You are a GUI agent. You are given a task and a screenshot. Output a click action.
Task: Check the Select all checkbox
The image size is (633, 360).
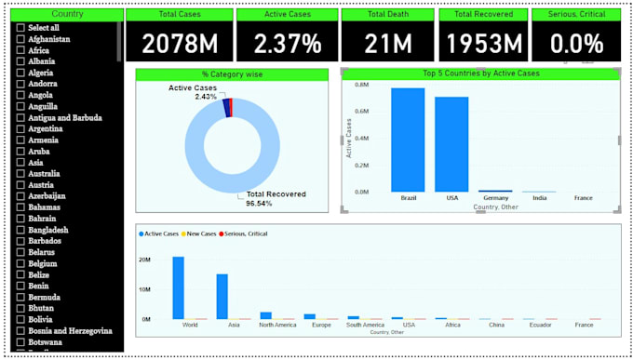pos(20,28)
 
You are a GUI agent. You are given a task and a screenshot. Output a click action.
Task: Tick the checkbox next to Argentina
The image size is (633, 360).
pos(20,129)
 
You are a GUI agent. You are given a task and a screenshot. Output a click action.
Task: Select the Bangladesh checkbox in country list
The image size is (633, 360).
pos(20,230)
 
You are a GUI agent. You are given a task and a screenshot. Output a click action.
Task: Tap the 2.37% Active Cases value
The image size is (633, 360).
pos(286,43)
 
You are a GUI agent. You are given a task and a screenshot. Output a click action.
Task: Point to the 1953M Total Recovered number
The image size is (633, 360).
pos(482,43)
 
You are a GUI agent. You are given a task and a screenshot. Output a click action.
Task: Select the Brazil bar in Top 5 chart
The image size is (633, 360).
pos(408,140)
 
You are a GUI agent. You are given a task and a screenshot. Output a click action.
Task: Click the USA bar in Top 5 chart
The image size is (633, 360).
pos(451,144)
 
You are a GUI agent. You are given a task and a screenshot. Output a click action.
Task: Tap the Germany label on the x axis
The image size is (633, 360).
pos(495,198)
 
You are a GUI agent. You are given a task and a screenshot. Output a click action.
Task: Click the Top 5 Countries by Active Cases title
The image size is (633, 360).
pos(480,73)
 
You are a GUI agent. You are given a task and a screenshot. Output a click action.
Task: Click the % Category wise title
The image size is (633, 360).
pos(232,74)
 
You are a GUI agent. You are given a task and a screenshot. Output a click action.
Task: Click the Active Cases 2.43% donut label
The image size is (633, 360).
pos(193,92)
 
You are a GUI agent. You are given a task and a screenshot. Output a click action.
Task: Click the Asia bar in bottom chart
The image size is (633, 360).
pos(222,296)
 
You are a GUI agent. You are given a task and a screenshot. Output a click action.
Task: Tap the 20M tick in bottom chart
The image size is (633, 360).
pos(144,260)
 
